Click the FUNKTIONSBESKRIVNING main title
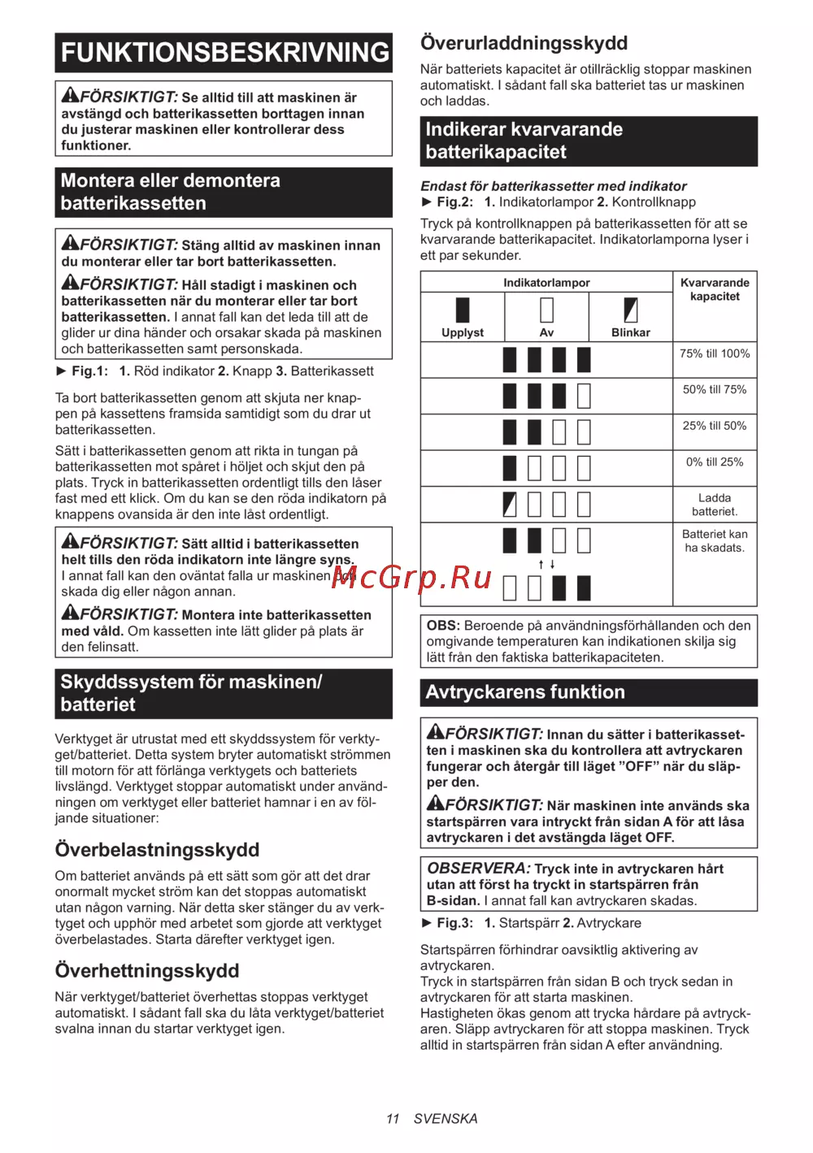click(x=224, y=53)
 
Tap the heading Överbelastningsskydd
click(x=157, y=850)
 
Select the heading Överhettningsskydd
click(x=147, y=971)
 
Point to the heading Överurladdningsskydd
click(x=524, y=43)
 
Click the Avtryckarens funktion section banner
click(x=589, y=692)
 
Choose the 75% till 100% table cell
click(x=715, y=353)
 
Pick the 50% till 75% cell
click(x=715, y=390)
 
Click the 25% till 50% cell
click(x=715, y=426)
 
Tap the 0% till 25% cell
click(x=715, y=462)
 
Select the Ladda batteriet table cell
click(x=715, y=505)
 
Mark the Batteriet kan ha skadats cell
click(x=715, y=541)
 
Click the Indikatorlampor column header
click(x=546, y=283)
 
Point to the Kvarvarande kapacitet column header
click(x=715, y=289)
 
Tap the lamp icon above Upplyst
click(x=463, y=310)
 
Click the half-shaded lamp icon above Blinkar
click(x=631, y=310)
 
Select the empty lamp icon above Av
click(x=546, y=310)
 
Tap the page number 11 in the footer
click(x=393, y=1119)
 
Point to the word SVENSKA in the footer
click(x=446, y=1119)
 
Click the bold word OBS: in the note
click(x=443, y=626)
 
